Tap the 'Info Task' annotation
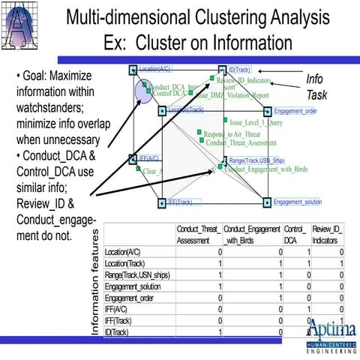[316, 87]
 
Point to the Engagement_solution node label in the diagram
[298, 202]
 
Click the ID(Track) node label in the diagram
[239, 69]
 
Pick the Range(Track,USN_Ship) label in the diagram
[256, 160]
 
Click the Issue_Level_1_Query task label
[256, 121]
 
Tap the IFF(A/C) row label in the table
[120, 309]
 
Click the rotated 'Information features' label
[95, 282]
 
